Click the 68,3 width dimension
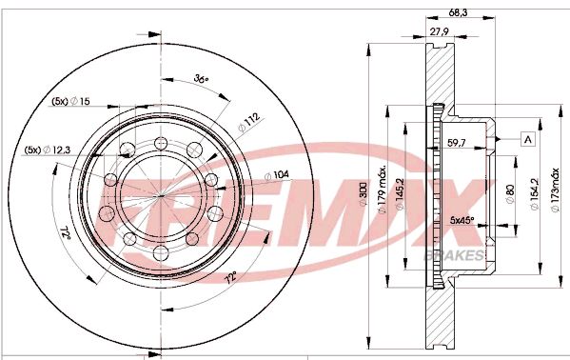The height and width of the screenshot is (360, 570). coord(458,12)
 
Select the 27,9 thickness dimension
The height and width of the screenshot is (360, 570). coord(439,31)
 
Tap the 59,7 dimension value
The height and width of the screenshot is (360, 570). coord(458,144)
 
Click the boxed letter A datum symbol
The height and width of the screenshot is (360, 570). coord(527,139)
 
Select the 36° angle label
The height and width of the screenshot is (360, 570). coord(201,78)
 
